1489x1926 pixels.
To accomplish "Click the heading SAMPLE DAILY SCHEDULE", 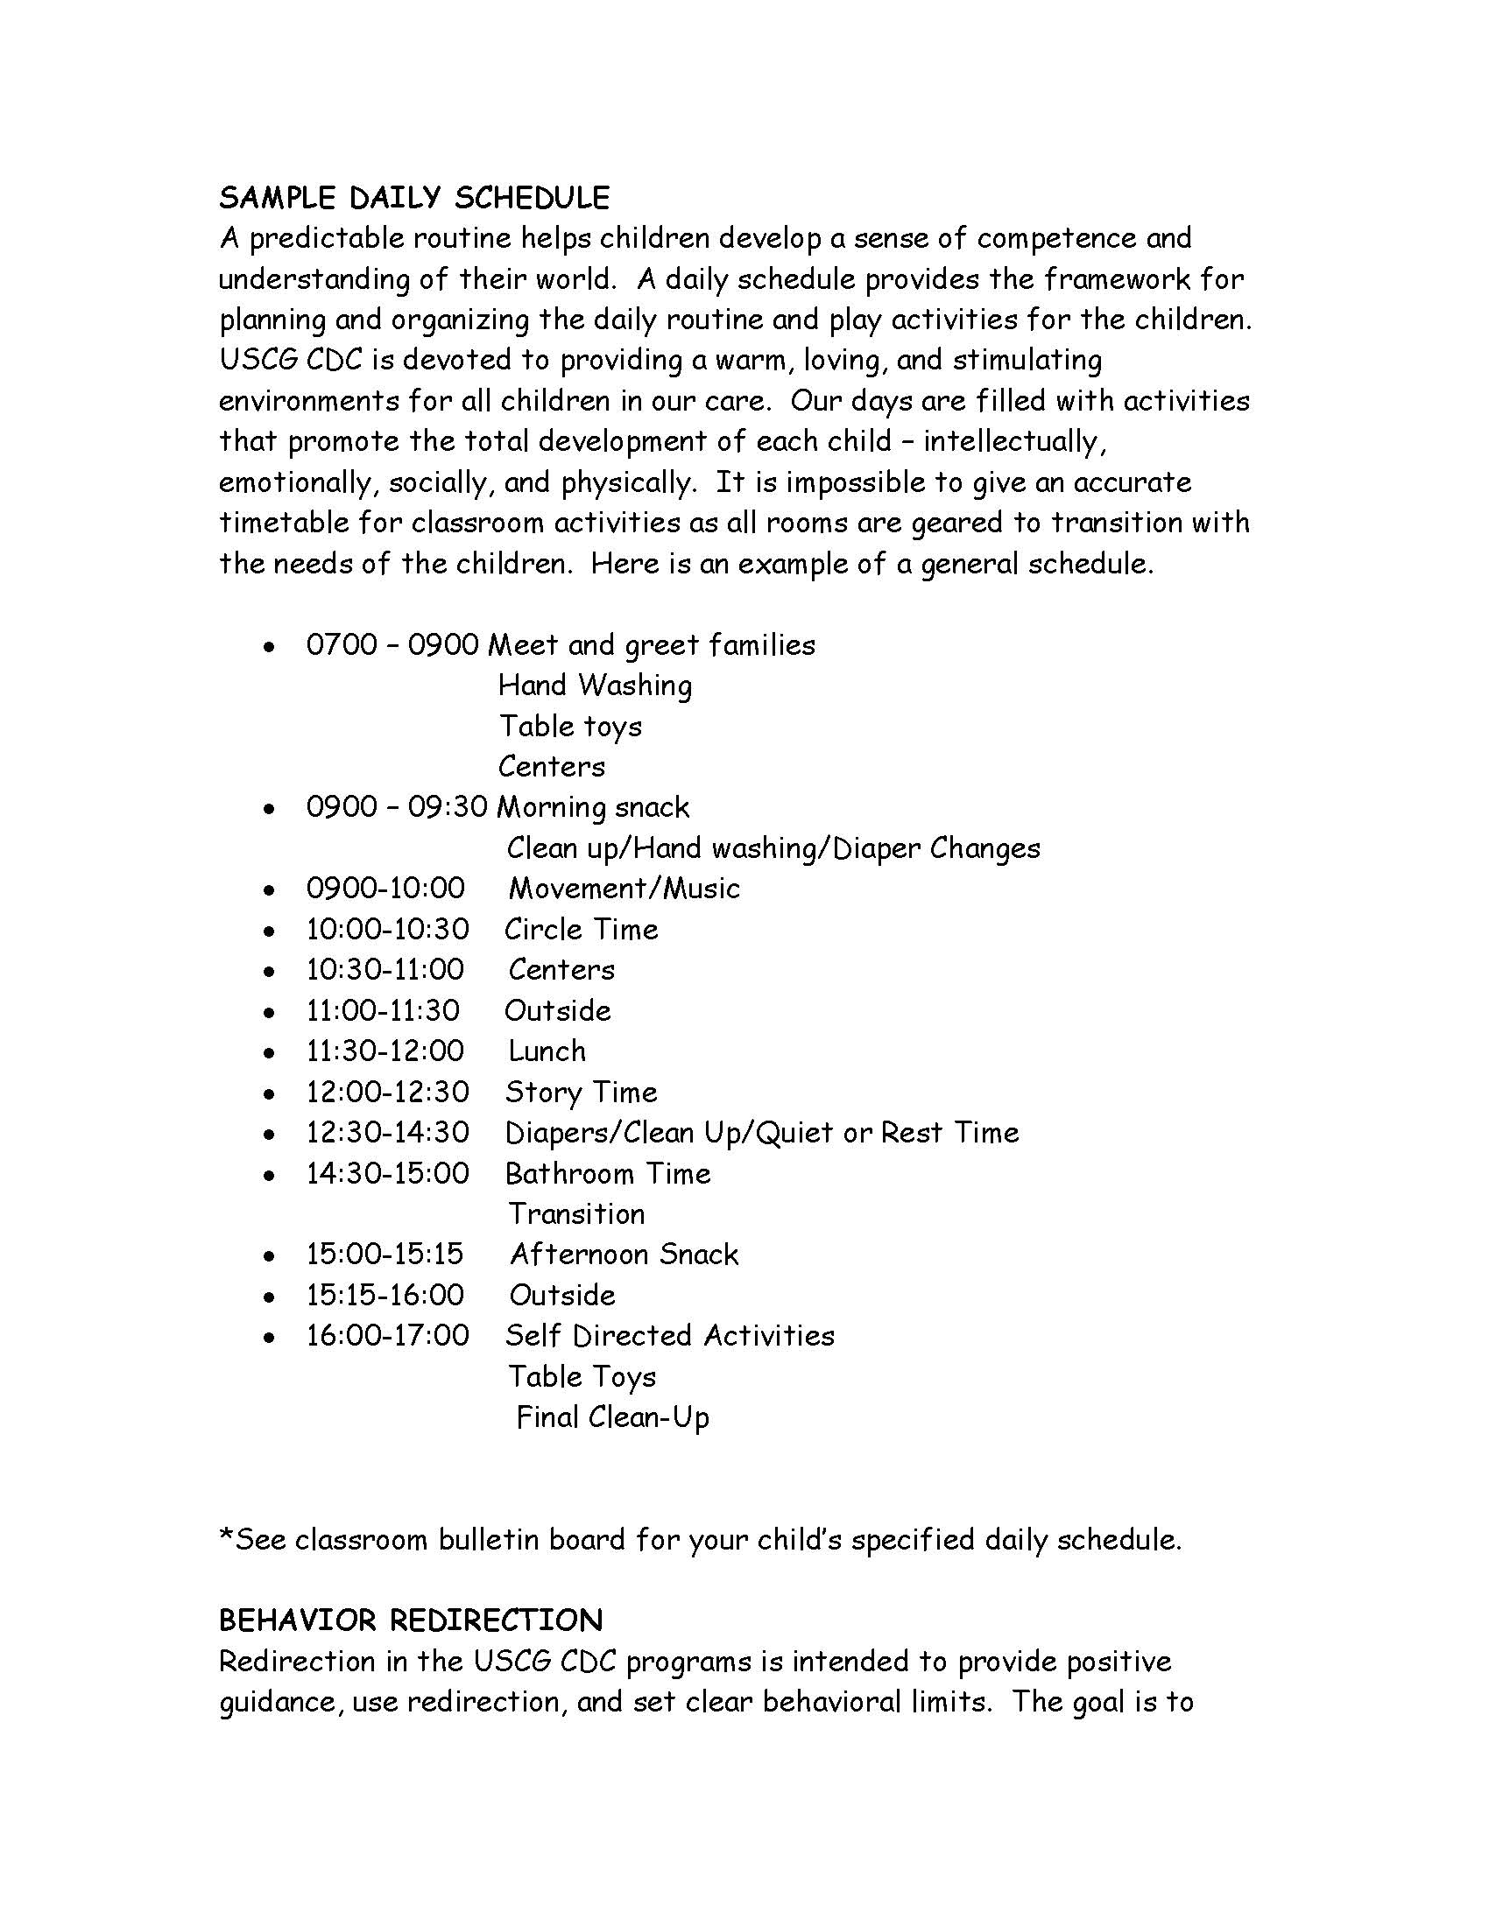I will [x=413, y=198].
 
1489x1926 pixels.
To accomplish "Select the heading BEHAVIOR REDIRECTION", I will [x=411, y=1620].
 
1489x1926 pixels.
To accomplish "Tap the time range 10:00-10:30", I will [x=387, y=930].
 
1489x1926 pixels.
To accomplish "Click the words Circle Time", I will [x=582, y=930].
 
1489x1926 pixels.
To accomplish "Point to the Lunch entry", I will [x=547, y=1051].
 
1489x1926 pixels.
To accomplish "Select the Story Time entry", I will [x=582, y=1093].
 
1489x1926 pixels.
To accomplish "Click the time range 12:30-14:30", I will [x=387, y=1132].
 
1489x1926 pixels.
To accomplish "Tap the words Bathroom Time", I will [x=608, y=1174].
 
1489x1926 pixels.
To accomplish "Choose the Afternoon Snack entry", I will [x=624, y=1254].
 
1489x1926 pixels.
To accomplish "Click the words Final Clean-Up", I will [x=612, y=1417].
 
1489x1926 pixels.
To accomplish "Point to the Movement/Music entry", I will [x=624, y=888].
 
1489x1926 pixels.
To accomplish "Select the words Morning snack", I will [x=593, y=808].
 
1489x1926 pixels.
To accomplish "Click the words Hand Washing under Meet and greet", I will [x=595, y=685].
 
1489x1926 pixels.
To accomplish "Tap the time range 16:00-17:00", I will [x=387, y=1335].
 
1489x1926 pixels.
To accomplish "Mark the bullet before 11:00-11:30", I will [x=268, y=1011].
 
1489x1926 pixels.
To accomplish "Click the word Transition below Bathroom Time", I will [x=576, y=1214].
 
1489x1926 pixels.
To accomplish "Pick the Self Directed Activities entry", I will [x=669, y=1335].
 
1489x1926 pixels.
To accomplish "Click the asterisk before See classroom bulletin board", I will [x=226, y=1536].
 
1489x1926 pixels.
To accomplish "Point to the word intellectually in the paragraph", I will [x=1013, y=441].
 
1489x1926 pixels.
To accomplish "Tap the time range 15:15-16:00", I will [x=385, y=1295].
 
